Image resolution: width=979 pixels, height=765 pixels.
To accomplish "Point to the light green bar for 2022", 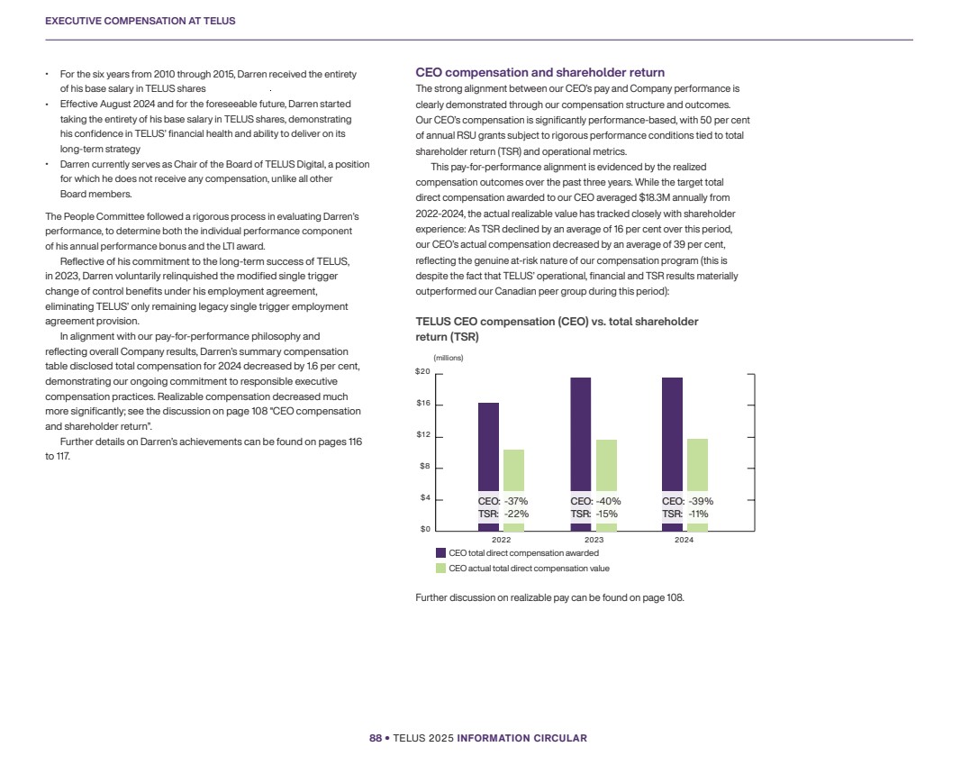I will (513, 470).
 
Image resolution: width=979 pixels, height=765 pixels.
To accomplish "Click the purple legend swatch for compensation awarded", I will (440, 552).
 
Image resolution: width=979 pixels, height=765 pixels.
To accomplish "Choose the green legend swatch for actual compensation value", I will (440, 569).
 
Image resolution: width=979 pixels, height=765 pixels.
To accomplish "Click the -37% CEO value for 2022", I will (516, 501).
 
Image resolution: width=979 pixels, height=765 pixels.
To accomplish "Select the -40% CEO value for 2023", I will (609, 501).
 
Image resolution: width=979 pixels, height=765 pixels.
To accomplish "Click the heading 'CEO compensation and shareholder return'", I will (539, 72).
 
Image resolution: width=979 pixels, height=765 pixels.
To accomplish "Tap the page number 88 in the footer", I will (376, 738).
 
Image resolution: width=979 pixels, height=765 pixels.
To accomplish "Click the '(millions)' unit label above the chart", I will (449, 358).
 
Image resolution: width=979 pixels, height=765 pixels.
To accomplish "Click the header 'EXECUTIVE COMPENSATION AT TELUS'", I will (141, 21).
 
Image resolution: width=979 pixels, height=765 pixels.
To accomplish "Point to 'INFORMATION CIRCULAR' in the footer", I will (522, 738).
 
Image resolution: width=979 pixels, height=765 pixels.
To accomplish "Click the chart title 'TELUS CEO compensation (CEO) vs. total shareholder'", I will (557, 322).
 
